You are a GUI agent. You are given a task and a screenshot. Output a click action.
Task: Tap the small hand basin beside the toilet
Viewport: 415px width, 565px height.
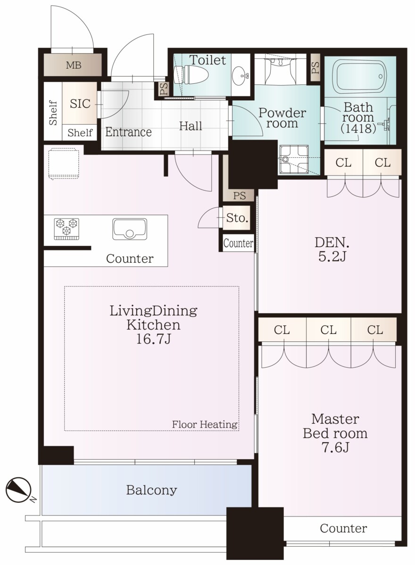click(x=241, y=75)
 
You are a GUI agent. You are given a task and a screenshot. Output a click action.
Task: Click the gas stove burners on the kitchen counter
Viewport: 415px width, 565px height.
click(x=66, y=229)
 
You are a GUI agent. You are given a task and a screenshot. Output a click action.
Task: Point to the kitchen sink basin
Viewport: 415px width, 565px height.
click(x=130, y=229)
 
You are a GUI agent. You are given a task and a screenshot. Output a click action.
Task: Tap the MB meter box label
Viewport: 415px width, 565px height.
click(x=74, y=65)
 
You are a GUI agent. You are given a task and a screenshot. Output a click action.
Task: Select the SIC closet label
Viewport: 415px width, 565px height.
click(x=80, y=104)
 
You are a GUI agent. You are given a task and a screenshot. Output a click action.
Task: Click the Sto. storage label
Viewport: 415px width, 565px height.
click(x=237, y=218)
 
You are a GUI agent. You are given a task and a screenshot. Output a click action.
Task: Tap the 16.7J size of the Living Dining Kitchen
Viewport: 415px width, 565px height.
click(x=153, y=339)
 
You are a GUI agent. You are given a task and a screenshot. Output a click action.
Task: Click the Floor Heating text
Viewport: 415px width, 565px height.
click(x=205, y=425)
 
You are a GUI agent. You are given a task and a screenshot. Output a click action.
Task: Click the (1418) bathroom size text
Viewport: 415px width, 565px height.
click(x=358, y=128)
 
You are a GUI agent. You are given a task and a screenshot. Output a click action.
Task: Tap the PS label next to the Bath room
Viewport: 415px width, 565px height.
click(x=315, y=68)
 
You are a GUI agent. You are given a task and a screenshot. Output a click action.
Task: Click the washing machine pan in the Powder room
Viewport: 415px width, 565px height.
click(x=293, y=160)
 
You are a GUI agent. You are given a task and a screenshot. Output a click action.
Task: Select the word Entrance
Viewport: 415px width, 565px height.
click(x=128, y=132)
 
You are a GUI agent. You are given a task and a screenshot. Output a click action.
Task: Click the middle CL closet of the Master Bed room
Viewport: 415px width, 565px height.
click(x=328, y=330)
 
